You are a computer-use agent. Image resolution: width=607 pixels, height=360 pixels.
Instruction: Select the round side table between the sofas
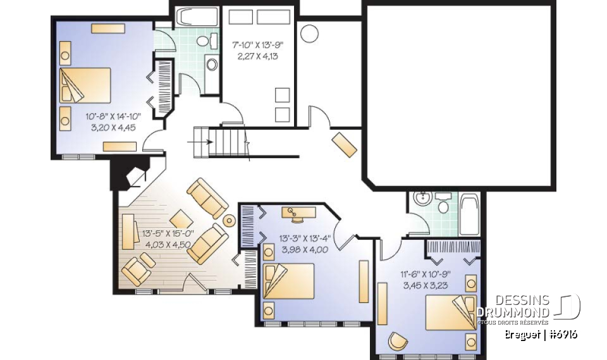(x=230, y=221)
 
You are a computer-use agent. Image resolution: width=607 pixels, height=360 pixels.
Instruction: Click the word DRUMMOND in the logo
(x=512, y=312)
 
